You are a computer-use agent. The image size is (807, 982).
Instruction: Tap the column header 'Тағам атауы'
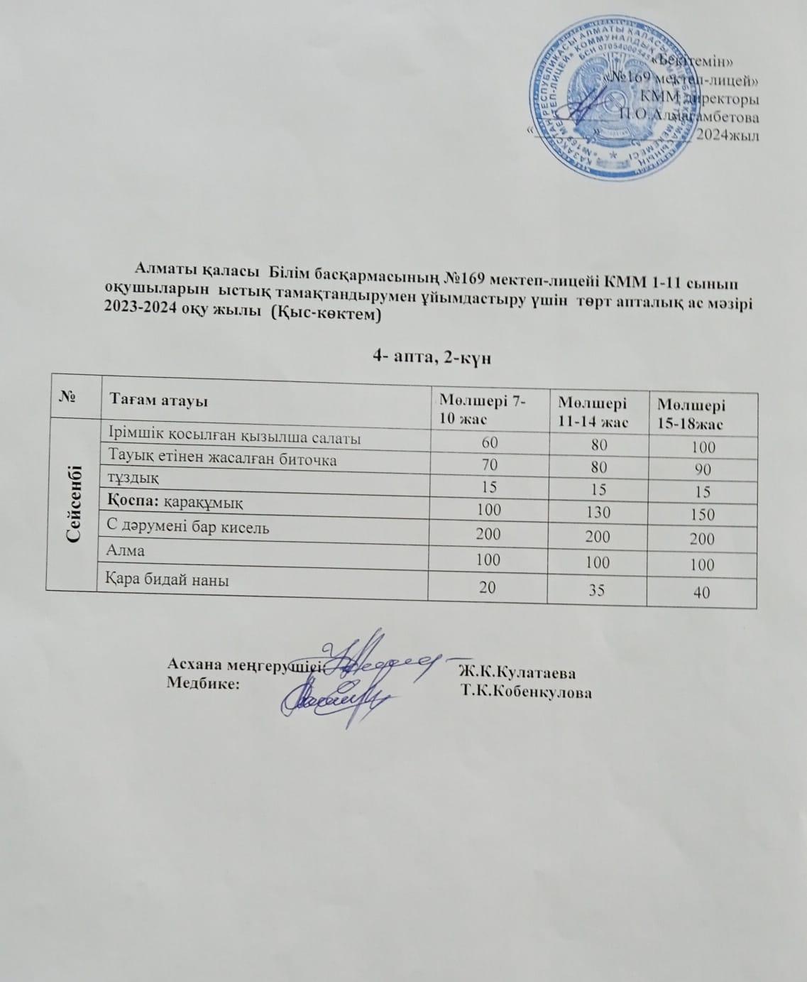pos(158,400)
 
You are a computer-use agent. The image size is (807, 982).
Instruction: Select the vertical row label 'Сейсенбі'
pos(73,503)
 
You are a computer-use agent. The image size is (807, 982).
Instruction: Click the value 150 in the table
pos(701,515)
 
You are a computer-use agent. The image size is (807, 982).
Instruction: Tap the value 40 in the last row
pos(701,592)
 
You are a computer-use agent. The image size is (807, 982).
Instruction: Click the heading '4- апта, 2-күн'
pos(432,358)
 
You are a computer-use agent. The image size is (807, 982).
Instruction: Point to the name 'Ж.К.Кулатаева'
pos(517,672)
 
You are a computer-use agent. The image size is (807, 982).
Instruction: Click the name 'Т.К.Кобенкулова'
pos(526,692)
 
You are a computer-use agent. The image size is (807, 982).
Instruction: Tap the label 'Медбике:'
pos(202,682)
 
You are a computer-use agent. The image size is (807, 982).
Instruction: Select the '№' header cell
pos(73,398)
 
